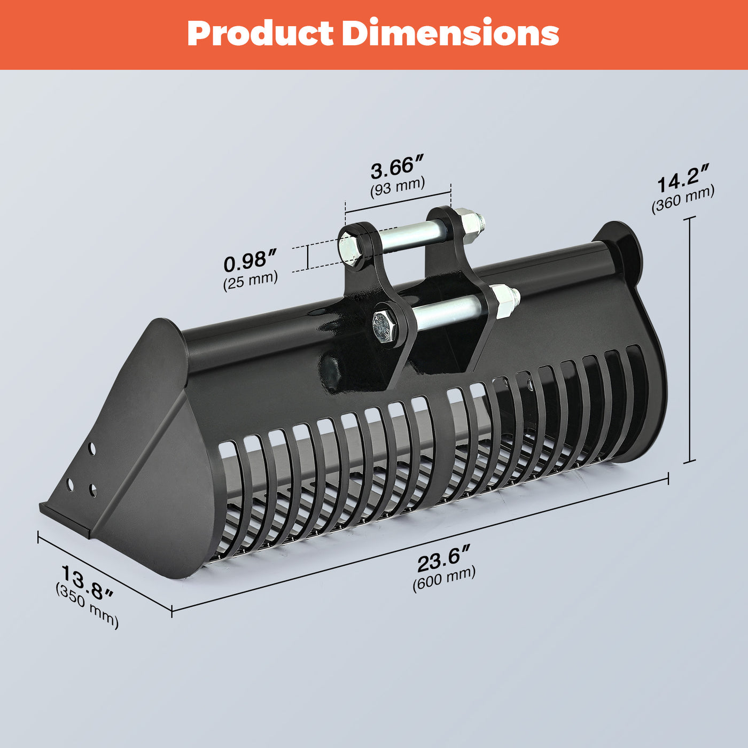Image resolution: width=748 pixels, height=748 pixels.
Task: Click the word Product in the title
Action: [260, 34]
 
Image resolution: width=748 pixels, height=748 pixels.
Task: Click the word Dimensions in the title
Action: [450, 34]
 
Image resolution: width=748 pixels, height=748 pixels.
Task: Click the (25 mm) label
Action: [251, 279]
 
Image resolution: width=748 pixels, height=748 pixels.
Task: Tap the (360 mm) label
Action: [683, 200]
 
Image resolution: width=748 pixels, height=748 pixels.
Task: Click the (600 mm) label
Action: [444, 579]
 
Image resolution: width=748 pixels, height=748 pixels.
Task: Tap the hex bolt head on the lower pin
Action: [385, 325]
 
